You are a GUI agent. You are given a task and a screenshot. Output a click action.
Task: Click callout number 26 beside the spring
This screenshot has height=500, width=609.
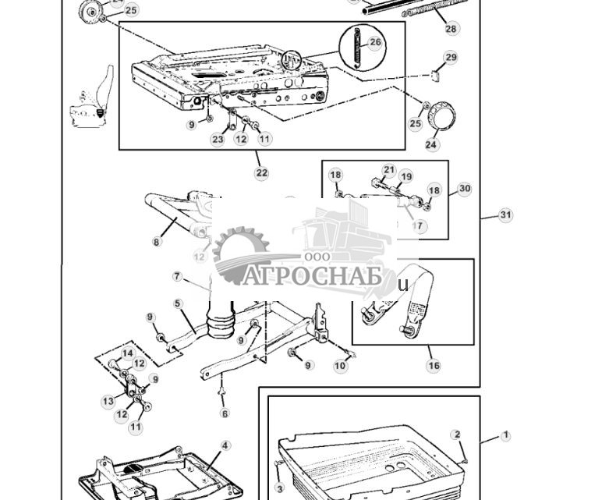(375, 43)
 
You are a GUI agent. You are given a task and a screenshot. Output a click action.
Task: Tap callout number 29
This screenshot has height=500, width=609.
(450, 58)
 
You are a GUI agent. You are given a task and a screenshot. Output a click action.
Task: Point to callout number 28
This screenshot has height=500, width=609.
(451, 29)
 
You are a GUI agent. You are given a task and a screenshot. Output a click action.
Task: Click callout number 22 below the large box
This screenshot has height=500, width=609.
(261, 172)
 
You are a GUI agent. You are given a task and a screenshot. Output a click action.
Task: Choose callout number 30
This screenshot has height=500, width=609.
(465, 189)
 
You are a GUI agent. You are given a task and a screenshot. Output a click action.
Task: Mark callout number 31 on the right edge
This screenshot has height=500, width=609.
(505, 215)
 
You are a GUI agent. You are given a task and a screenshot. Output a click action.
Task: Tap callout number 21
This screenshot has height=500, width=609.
(389, 170)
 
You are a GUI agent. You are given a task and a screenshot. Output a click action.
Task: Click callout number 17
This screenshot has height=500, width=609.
(419, 226)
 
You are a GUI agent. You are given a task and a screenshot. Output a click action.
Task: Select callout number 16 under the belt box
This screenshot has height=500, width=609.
(434, 365)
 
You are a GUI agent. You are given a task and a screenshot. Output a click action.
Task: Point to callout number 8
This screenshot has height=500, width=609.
(156, 242)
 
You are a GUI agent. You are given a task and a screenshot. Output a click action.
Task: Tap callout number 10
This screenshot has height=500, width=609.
(340, 366)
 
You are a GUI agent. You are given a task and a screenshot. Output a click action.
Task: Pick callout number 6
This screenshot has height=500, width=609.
(225, 413)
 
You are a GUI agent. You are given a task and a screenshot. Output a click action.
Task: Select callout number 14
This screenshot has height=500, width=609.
(127, 353)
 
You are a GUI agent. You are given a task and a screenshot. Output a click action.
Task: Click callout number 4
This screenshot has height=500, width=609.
(225, 446)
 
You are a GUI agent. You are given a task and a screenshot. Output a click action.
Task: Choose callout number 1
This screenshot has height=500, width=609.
(505, 435)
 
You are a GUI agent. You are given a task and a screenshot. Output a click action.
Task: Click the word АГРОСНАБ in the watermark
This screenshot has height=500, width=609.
(310, 277)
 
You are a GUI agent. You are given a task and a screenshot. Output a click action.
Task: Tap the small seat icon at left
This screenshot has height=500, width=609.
(92, 100)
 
